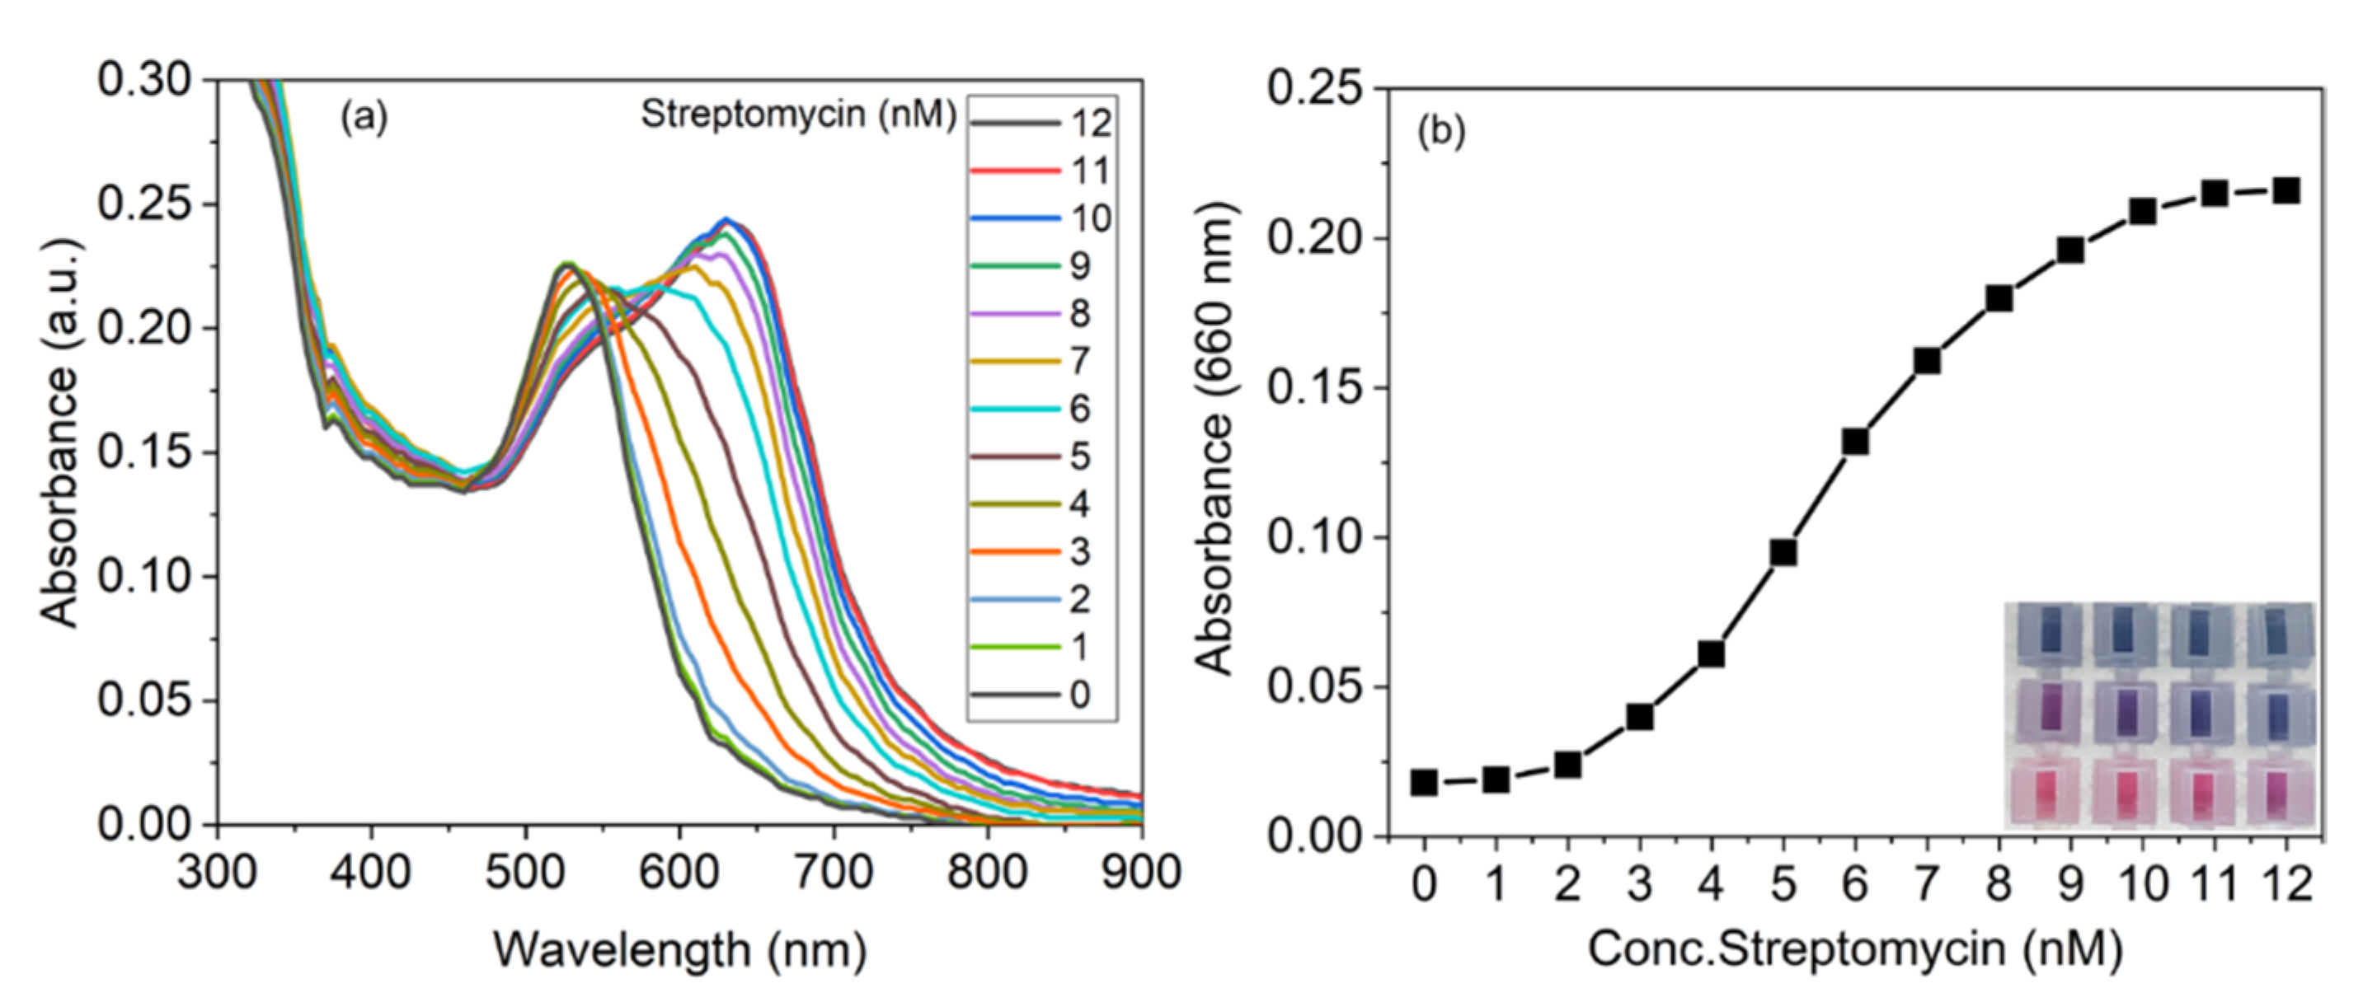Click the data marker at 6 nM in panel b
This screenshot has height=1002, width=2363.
tap(1855, 442)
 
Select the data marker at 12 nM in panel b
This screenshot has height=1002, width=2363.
tap(2286, 190)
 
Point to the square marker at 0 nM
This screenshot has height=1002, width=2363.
tap(1424, 783)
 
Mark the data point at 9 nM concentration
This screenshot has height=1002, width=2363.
tap(2070, 250)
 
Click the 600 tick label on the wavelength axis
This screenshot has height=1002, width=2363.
tap(679, 873)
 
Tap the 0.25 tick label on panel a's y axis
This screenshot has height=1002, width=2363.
tap(144, 204)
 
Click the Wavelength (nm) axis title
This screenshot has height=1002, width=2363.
tap(679, 950)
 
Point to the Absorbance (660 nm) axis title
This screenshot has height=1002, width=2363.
tap(1216, 440)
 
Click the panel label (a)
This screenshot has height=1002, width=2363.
tap(364, 117)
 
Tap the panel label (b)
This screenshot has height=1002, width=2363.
tap(1441, 132)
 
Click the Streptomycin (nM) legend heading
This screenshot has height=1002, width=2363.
tap(798, 115)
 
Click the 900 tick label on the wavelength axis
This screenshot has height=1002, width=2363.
tap(1140, 873)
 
